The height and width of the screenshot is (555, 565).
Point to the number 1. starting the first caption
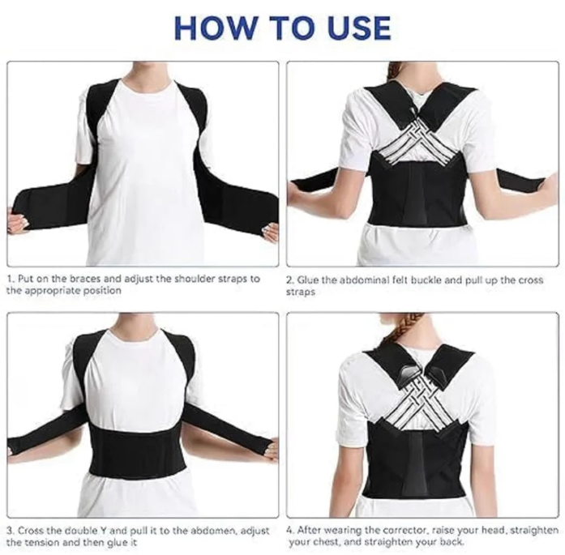point(11,279)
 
